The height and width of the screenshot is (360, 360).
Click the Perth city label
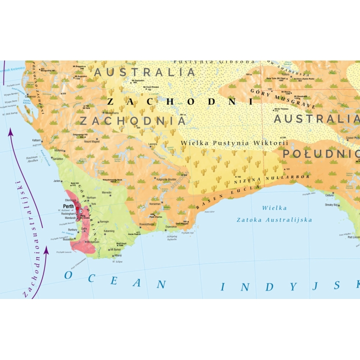pyautogui.click(x=68, y=206)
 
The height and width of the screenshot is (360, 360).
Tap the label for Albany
pyautogui.click(x=117, y=254)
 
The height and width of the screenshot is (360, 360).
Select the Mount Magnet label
pyautogui.click(x=92, y=141)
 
